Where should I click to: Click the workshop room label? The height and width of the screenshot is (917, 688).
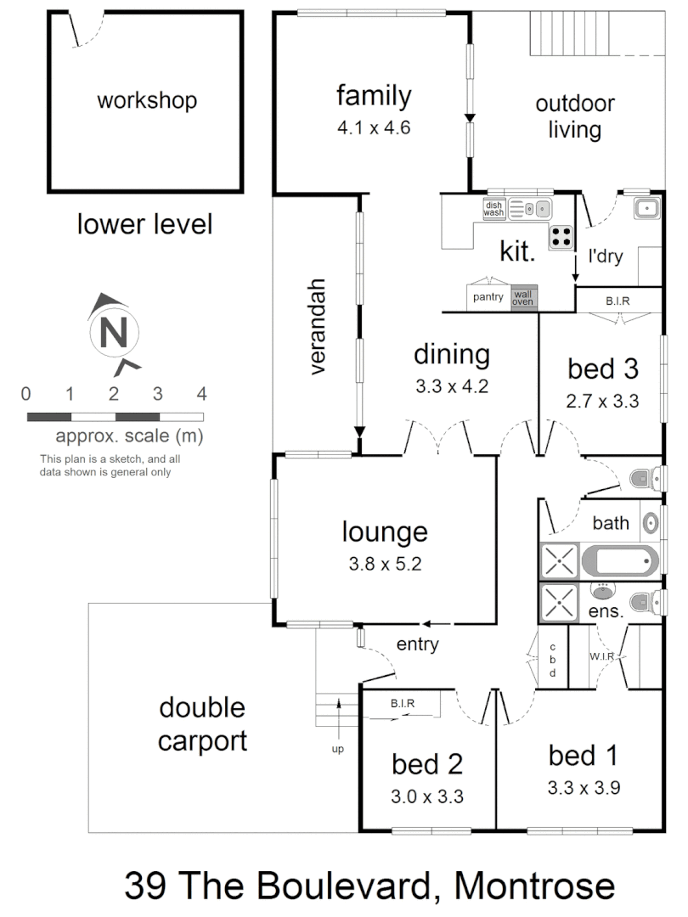click(146, 101)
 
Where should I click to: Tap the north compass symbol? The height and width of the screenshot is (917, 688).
click(112, 331)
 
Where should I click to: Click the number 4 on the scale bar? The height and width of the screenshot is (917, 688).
click(201, 394)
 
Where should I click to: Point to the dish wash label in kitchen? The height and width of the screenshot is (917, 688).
click(494, 209)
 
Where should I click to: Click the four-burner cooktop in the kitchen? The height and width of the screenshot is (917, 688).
click(561, 237)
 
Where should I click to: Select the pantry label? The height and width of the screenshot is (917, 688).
click(488, 297)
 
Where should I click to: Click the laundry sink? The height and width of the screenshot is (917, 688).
click(646, 208)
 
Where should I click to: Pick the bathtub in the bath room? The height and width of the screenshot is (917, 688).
click(618, 561)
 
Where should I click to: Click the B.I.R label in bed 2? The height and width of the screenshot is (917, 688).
click(403, 703)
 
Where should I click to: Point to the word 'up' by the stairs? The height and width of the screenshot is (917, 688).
click(338, 750)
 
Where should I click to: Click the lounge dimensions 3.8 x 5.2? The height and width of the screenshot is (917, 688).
click(384, 562)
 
